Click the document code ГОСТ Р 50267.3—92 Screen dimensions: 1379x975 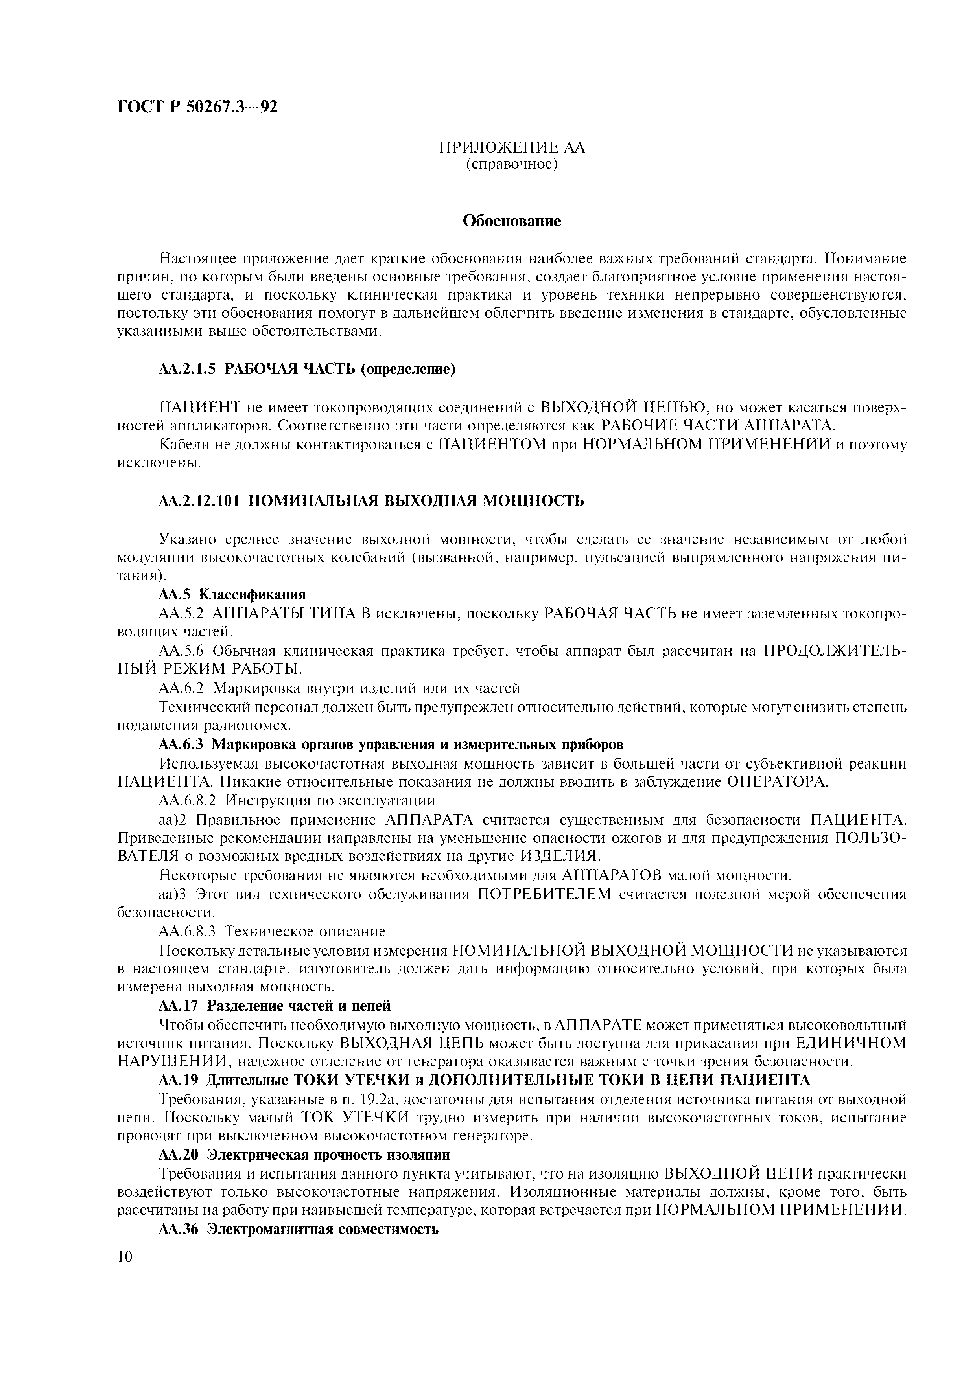pos(198,107)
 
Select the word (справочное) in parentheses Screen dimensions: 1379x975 pos(512,164)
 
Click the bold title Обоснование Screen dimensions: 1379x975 pos(512,222)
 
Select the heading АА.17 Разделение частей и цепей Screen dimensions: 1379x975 pos(275,1006)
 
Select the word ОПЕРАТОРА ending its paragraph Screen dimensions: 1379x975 pos(776,782)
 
